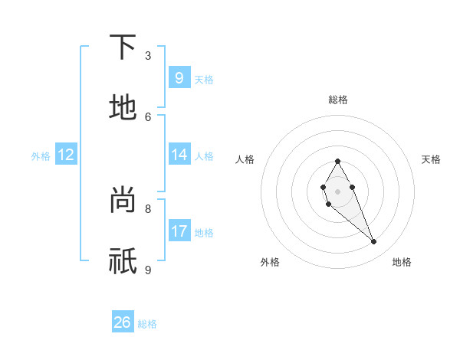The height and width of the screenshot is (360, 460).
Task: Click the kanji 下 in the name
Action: (123, 48)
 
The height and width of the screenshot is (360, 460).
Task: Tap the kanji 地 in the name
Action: (123, 108)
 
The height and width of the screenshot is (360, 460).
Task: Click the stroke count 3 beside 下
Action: (148, 56)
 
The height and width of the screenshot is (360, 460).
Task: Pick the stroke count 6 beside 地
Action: (148, 116)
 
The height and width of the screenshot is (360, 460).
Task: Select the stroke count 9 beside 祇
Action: (148, 270)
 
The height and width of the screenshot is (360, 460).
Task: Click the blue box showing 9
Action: (179, 77)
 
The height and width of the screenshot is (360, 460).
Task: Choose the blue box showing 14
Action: (179, 154)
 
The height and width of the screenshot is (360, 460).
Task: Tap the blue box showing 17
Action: (179, 231)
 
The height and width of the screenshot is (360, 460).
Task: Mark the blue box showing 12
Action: (66, 155)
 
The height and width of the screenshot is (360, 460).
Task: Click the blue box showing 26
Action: (123, 322)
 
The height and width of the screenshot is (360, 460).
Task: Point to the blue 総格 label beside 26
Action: (147, 324)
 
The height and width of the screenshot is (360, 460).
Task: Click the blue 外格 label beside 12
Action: (41, 156)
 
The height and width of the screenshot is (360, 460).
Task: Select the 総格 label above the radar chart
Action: (337, 100)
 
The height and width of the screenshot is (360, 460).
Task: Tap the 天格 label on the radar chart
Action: (431, 159)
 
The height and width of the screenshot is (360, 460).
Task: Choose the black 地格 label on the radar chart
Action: (402, 262)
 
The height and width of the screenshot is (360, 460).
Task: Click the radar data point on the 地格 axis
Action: (373, 242)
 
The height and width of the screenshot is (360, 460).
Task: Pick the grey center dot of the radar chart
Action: (337, 191)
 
